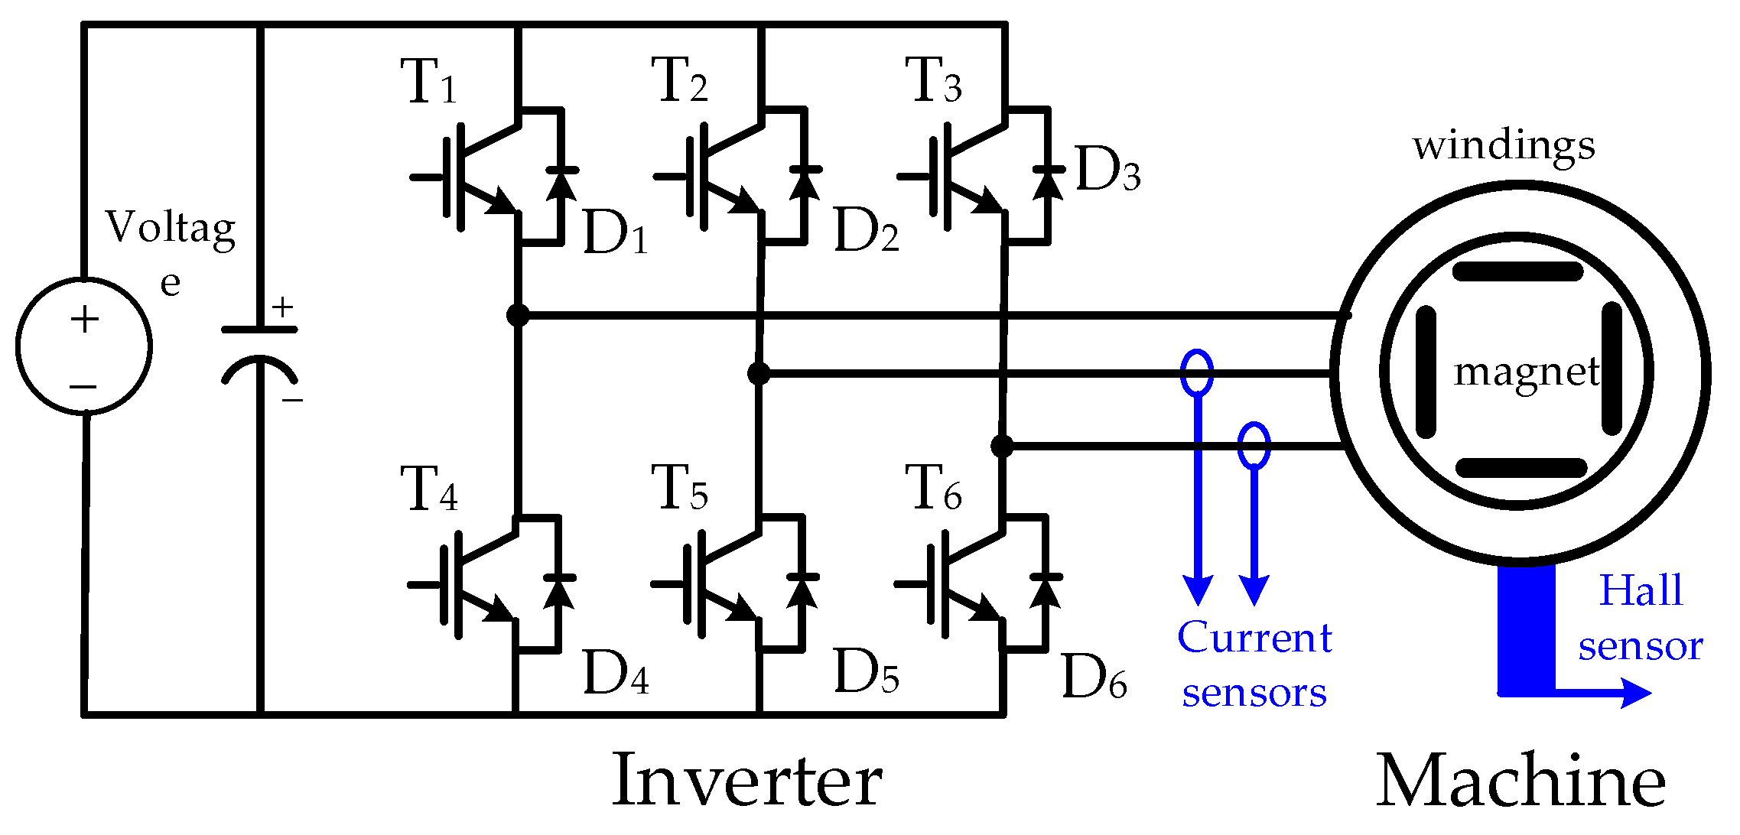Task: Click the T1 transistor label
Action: pos(428,82)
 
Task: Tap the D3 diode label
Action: pos(1107,170)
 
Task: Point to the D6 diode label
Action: pos(1094,677)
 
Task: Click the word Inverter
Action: pos(746,781)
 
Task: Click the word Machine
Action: pos(1520,781)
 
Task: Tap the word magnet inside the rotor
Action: pos(1527,372)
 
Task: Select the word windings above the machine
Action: pos(1504,145)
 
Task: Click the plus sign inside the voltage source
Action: pos(85,319)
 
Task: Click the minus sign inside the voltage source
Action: pos(83,387)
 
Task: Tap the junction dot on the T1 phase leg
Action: pos(518,315)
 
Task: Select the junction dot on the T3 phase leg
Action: pos(1002,446)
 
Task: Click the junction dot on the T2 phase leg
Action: pos(759,373)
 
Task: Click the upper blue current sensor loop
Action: pos(1197,372)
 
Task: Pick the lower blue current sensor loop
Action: pos(1254,445)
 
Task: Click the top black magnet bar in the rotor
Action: pos(1517,271)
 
